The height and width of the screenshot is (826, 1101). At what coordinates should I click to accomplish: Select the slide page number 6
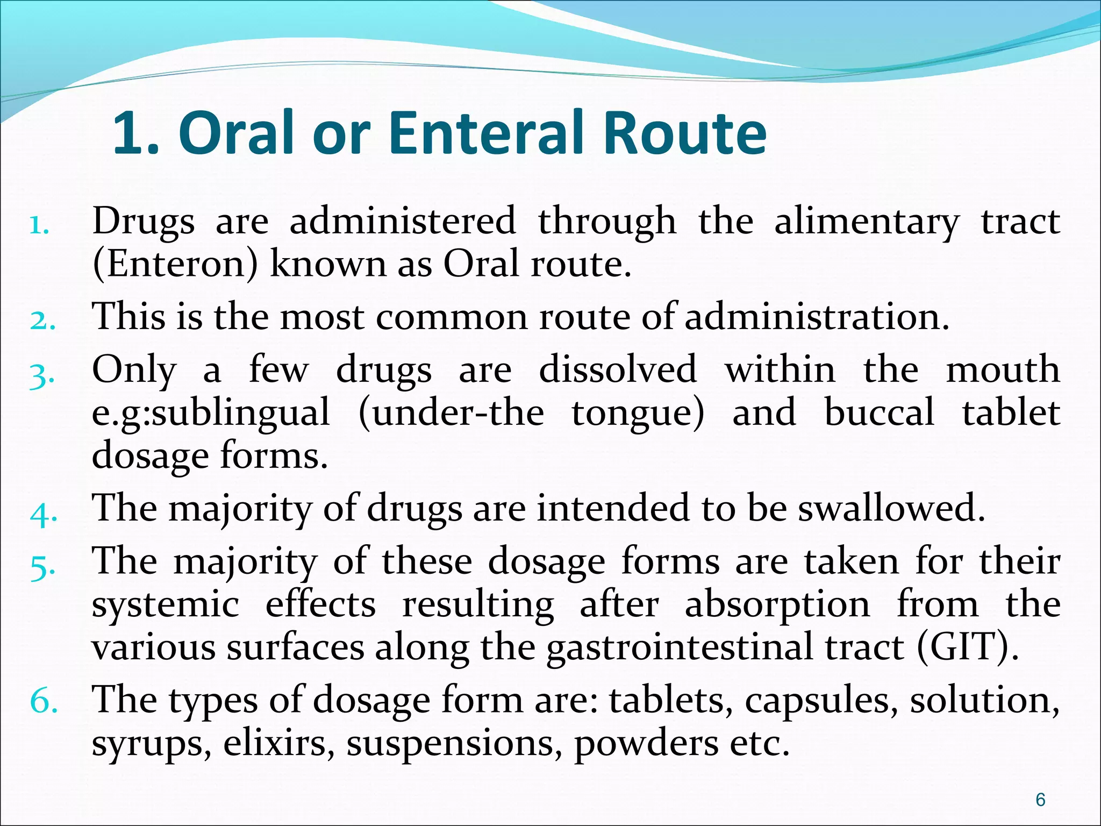[x=1040, y=800]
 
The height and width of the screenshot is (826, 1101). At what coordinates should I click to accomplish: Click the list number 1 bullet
[x=39, y=226]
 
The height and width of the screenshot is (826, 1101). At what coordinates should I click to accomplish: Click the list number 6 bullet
[x=44, y=702]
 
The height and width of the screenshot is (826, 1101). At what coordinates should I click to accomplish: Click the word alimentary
[x=866, y=222]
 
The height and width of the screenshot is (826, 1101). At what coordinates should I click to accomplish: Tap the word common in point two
[x=452, y=316]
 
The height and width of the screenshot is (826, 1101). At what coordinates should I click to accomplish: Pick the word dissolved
[x=618, y=370]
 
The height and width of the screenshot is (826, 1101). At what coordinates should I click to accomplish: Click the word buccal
[x=880, y=412]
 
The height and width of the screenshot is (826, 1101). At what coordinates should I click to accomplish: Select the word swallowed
[x=891, y=508]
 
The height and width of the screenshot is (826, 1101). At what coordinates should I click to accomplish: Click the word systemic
[x=166, y=605]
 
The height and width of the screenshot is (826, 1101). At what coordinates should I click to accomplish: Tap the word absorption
[x=777, y=605]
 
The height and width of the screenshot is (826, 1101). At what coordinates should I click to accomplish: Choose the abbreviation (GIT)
[x=967, y=647]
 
